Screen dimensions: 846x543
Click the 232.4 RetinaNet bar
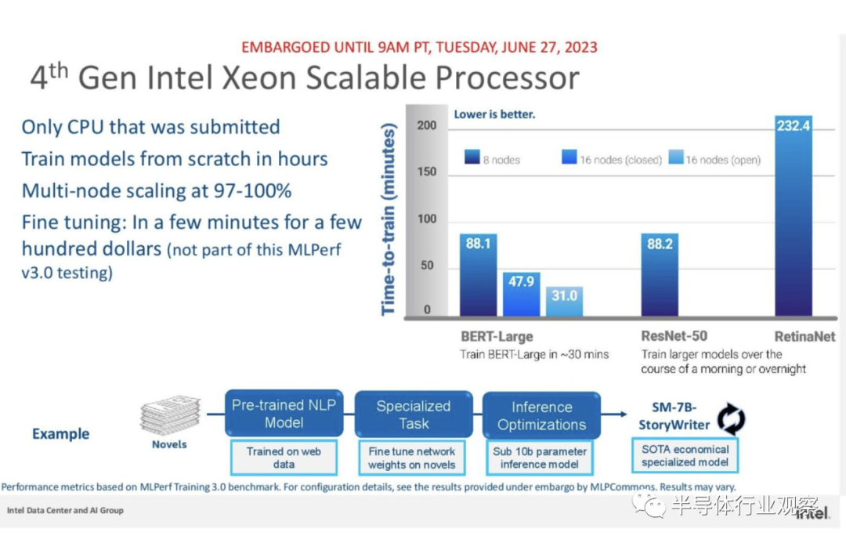coord(793,216)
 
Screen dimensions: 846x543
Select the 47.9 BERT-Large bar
coord(521,294)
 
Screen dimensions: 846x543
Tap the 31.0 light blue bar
coord(564,301)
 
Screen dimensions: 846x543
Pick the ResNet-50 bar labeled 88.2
coord(660,275)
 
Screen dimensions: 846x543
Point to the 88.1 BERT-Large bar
coord(478,275)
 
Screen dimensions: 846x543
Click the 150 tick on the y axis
coord(426,172)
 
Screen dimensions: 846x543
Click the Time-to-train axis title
coord(389,219)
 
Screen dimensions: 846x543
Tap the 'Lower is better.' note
coord(494,114)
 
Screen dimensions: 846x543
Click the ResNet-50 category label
coord(674,335)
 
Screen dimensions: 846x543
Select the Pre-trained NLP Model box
coord(284,414)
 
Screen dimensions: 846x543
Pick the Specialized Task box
coord(414,414)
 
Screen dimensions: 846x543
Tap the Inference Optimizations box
coord(541,415)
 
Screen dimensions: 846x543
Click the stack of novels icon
coord(171,414)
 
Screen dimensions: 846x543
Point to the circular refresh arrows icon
coord(731,419)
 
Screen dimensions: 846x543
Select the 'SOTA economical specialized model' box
coord(685,455)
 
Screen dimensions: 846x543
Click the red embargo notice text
coord(419,48)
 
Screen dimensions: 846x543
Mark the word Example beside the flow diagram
coord(60,434)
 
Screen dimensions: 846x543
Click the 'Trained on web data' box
coord(284,458)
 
